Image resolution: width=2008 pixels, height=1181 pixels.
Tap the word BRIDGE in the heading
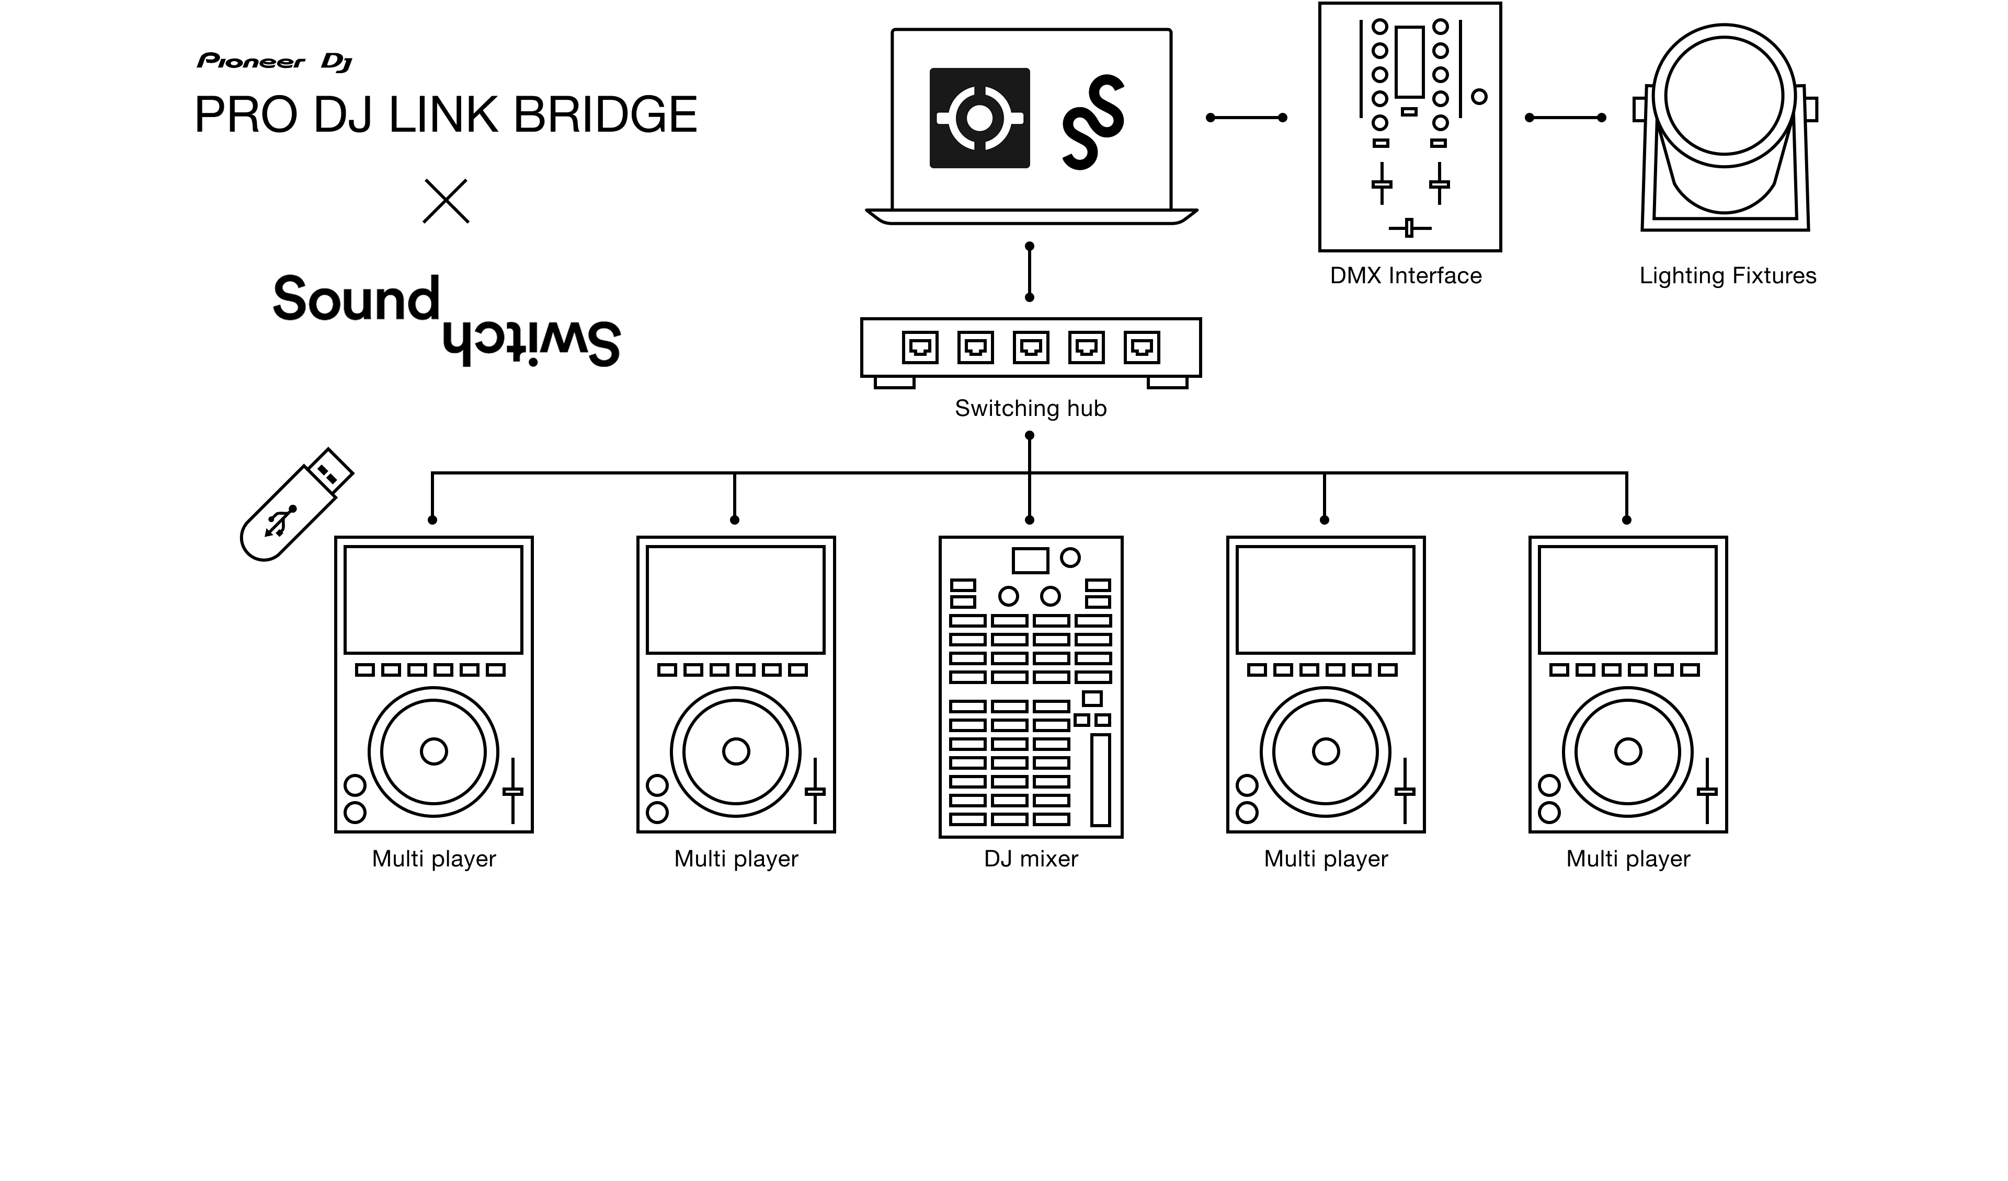[x=606, y=114]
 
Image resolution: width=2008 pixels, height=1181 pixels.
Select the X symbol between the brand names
[x=446, y=201]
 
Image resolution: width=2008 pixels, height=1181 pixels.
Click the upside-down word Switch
[x=531, y=344]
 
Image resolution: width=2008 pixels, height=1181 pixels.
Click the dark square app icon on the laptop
[x=979, y=118]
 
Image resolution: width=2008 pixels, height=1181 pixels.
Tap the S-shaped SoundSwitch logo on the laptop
[x=1093, y=122]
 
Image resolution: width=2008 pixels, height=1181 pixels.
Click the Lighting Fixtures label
[x=1728, y=275]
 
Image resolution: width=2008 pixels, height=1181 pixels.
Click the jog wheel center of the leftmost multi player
[x=433, y=751]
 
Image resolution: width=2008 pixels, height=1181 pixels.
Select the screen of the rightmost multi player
[x=1627, y=600]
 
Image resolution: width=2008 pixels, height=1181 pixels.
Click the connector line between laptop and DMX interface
[x=1246, y=118]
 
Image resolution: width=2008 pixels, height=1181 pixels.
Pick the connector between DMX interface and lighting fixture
[x=1565, y=118]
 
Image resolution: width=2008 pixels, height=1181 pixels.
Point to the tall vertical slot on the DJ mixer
[x=1100, y=780]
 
